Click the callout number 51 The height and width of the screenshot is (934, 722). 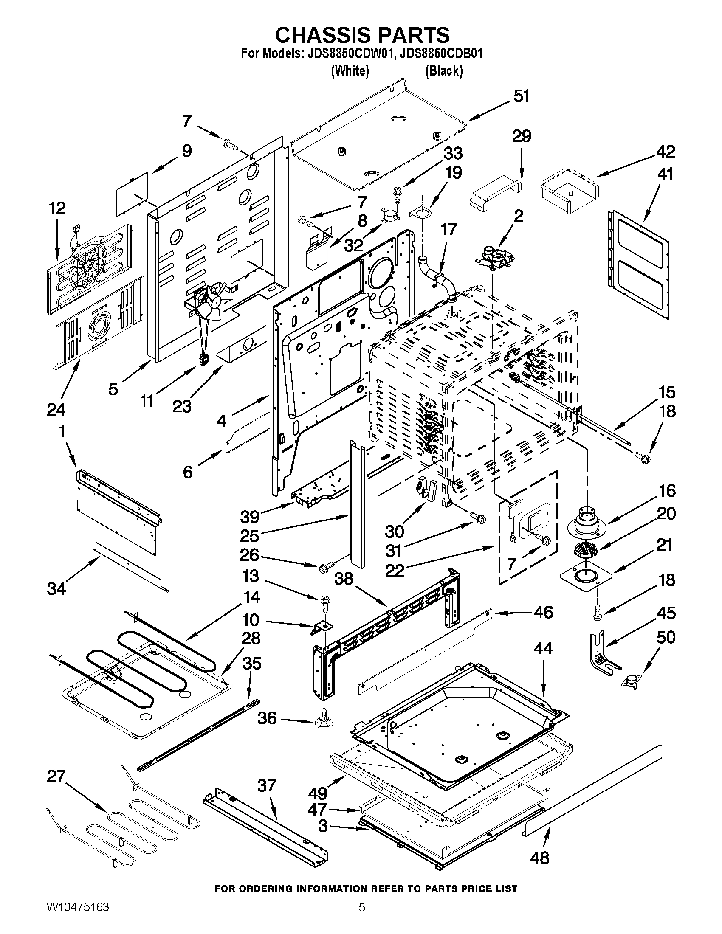coord(521,96)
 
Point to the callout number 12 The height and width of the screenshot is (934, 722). coord(57,208)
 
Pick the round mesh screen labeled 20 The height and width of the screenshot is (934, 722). coord(585,549)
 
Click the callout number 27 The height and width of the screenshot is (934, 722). coord(56,776)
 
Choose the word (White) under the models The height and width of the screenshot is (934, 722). coord(350,70)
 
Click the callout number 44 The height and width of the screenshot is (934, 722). coord(543,649)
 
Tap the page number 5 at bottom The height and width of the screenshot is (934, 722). coord(362,919)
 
